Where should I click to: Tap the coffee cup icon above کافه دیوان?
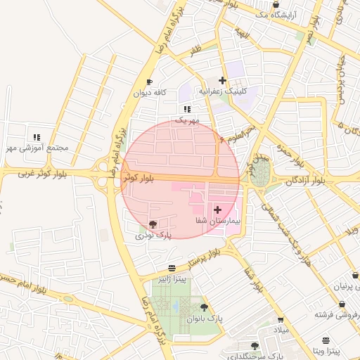coord(149,82)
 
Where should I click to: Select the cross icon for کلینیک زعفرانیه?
coord(223,81)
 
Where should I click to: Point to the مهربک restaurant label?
coord(187,120)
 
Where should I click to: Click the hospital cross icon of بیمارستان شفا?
coord(217,210)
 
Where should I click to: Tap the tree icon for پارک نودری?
coord(153,224)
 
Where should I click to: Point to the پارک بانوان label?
coord(205,318)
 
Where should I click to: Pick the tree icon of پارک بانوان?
coord(204,307)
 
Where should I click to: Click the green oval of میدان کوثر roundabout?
coord(260,172)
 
